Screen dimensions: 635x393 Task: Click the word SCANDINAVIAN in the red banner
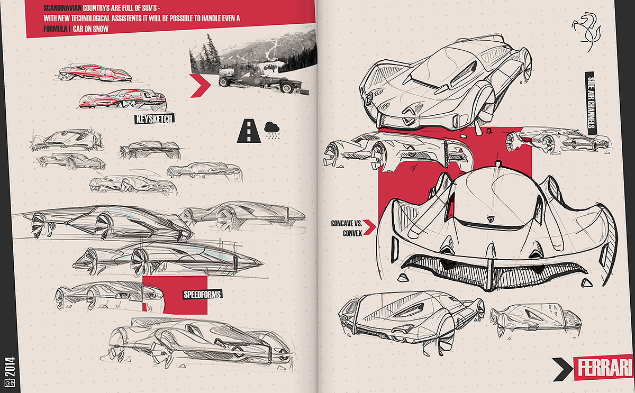62,8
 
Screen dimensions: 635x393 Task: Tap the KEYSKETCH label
154,118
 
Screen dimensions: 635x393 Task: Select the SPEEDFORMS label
202,295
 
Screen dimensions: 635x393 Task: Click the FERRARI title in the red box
605,368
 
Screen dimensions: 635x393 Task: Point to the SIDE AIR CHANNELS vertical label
591,103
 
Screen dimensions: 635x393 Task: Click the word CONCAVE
342,224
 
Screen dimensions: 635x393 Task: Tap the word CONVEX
352,233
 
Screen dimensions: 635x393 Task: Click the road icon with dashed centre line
249,131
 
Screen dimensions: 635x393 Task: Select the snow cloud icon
272,130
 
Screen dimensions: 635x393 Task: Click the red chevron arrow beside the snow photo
201,86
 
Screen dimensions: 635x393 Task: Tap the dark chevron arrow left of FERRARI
563,369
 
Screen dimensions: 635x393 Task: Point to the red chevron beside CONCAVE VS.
369,227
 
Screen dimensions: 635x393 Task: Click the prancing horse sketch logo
586,32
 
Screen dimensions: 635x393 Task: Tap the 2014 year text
10,367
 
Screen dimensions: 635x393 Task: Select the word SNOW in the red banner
101,29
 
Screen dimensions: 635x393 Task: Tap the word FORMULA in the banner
55,29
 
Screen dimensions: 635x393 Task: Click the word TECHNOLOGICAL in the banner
90,19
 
